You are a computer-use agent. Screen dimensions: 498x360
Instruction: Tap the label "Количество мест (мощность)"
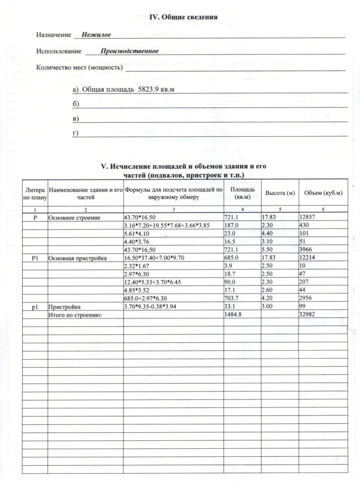[x=79, y=68]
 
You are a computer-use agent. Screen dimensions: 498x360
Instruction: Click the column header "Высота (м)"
[x=280, y=193]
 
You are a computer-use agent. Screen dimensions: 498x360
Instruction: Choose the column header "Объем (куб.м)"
[x=322, y=193]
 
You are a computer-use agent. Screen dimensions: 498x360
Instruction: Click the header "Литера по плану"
[x=35, y=193]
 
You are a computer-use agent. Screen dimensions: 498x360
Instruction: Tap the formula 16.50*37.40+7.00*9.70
[x=157, y=258]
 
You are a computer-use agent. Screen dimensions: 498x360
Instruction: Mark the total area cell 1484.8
[x=235, y=315]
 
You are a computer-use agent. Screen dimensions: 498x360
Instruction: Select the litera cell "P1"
[x=35, y=258]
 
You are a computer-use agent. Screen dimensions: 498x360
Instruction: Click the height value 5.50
[x=269, y=250]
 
